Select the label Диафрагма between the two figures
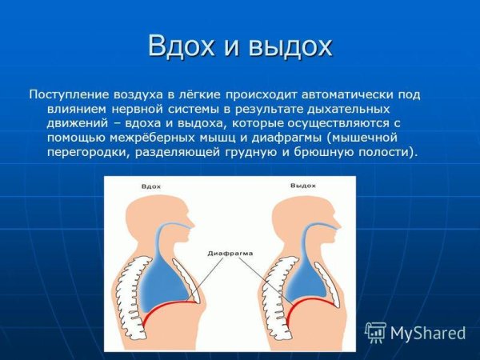tap(231, 253)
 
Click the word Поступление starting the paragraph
tap(65, 94)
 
